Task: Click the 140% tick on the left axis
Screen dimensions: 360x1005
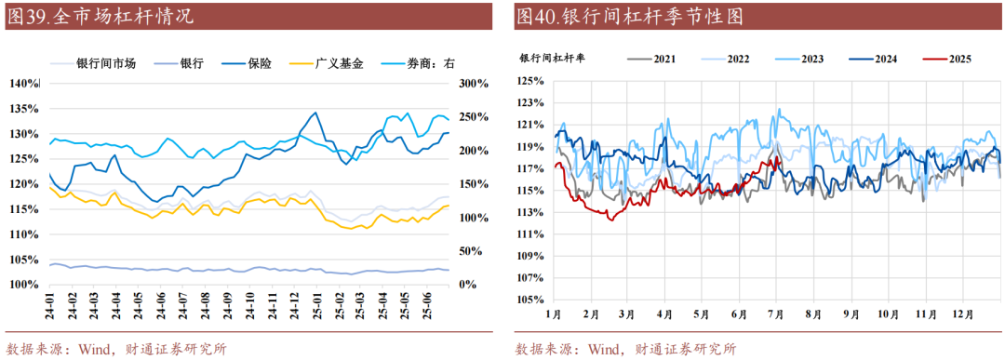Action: [25, 84]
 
